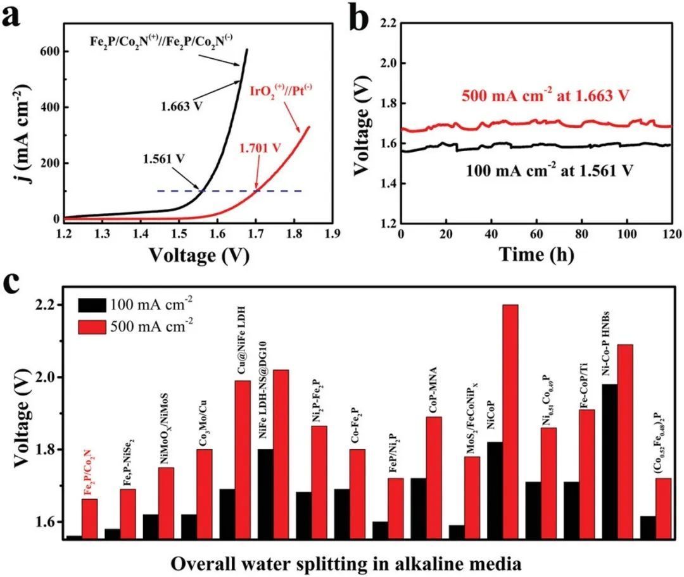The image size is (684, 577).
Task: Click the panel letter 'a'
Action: pyautogui.click(x=14, y=16)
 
